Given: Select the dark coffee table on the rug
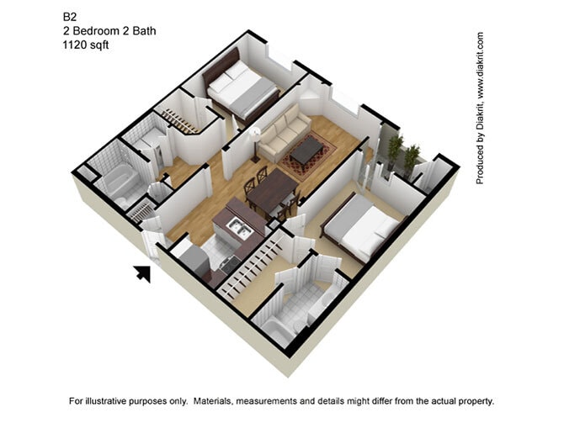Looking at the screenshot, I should (308, 149).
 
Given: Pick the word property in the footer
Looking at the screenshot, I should (475, 401).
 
